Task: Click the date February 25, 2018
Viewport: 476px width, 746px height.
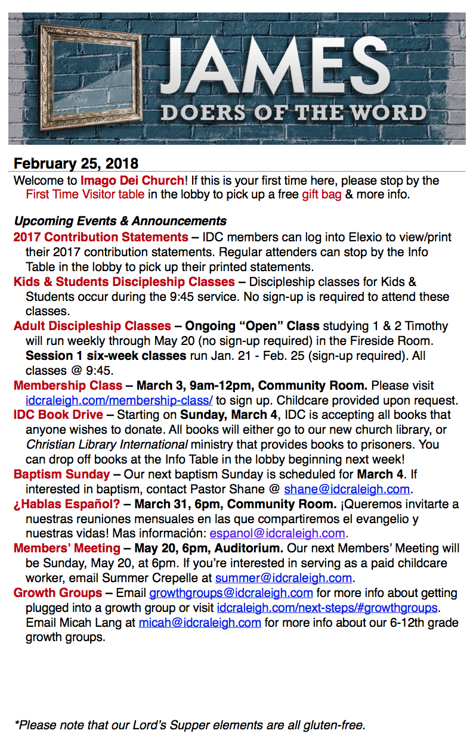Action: tap(76, 163)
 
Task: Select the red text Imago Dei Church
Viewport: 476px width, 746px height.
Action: tap(132, 180)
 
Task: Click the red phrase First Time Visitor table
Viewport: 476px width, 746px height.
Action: tap(85, 194)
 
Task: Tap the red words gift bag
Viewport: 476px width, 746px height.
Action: tap(322, 194)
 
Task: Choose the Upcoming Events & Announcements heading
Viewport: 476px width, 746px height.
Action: tap(120, 221)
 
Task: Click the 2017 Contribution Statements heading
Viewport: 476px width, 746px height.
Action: tap(101, 238)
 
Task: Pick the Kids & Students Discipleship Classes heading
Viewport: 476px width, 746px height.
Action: tap(124, 282)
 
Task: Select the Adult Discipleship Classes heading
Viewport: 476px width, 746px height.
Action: tap(92, 326)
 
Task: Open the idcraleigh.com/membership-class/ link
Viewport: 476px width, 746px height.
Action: tap(119, 400)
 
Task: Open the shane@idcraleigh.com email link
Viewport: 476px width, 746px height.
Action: tap(347, 489)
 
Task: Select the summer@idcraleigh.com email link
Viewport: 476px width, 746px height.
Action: tap(283, 578)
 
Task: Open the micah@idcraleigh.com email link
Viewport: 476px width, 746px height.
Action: tap(200, 623)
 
